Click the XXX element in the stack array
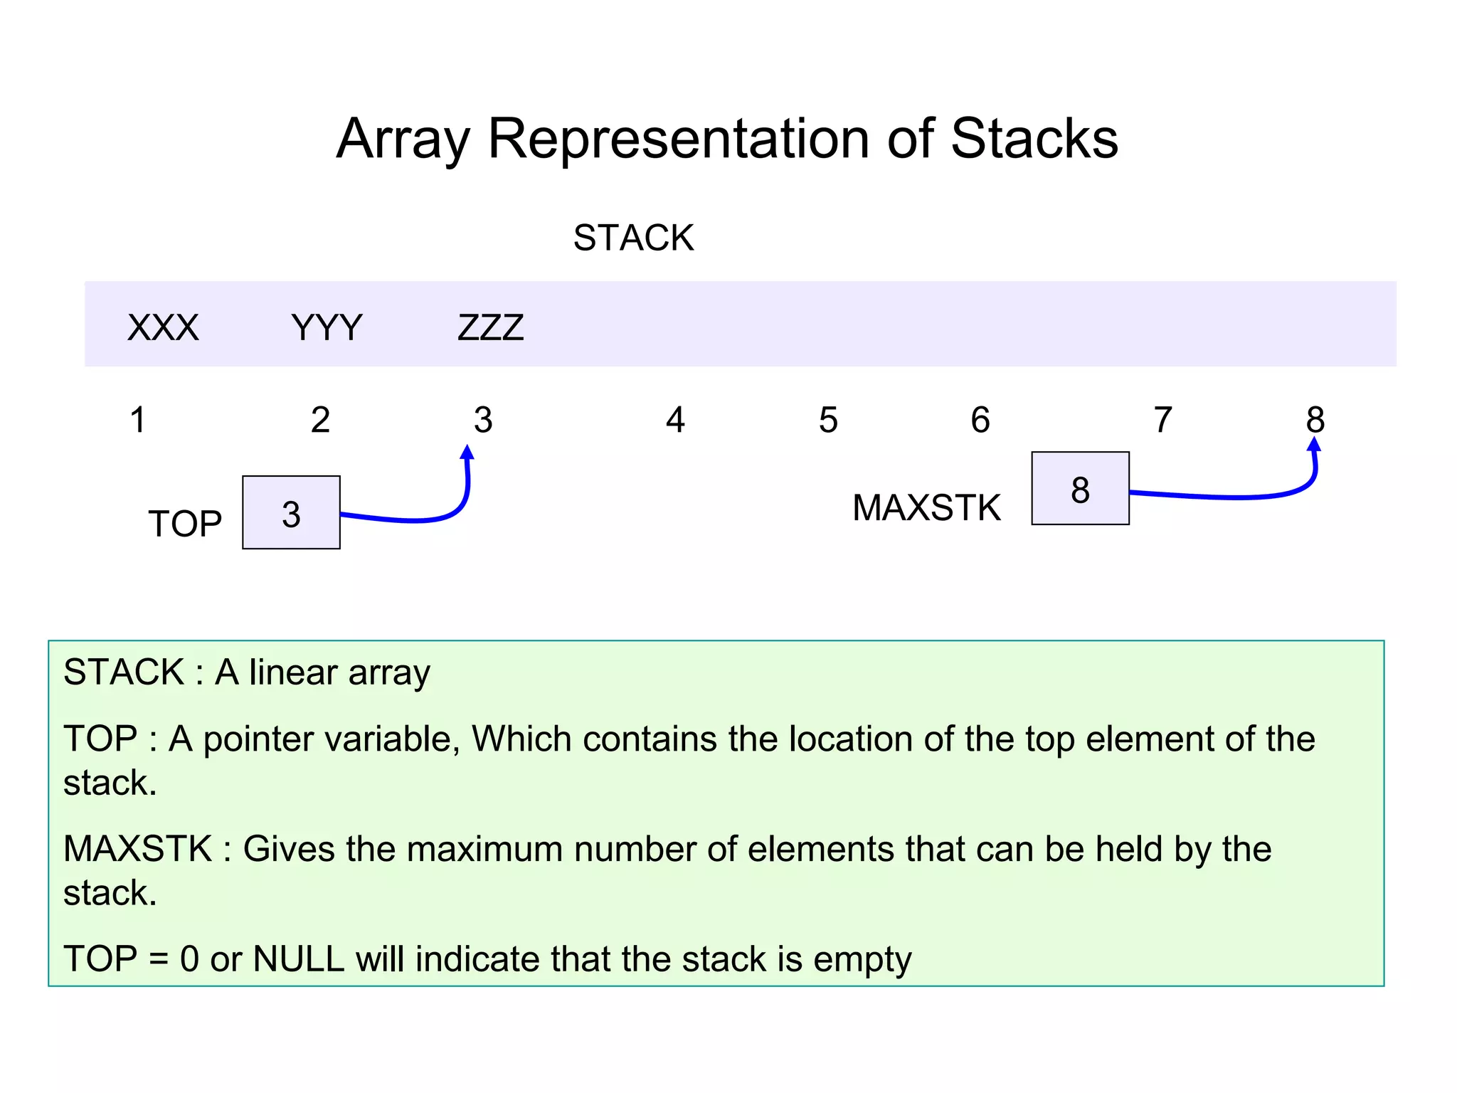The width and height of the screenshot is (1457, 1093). tap(163, 328)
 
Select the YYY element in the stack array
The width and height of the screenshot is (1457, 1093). tap(327, 328)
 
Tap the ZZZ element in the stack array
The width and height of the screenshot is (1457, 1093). tap(491, 328)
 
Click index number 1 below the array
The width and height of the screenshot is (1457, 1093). tap(138, 420)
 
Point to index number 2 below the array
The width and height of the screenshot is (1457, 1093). tap(320, 420)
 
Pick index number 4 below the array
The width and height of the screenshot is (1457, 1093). tap(675, 420)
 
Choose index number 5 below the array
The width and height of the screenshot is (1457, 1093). tap(828, 420)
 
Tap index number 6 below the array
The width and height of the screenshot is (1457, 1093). tap(980, 420)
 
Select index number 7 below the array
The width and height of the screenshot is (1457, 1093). tap(1162, 420)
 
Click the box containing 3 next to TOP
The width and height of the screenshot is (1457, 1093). tap(291, 512)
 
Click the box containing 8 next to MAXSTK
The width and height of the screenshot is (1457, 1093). tap(1080, 488)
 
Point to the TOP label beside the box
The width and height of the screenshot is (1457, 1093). tap(185, 524)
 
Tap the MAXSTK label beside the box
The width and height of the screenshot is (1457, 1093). tap(926, 508)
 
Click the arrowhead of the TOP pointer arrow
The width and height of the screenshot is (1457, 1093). tap(467, 453)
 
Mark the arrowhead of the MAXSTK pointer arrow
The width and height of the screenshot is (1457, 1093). tap(1314, 445)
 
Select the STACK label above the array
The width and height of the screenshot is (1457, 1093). tap(633, 238)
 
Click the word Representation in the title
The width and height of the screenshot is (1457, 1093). tap(679, 139)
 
